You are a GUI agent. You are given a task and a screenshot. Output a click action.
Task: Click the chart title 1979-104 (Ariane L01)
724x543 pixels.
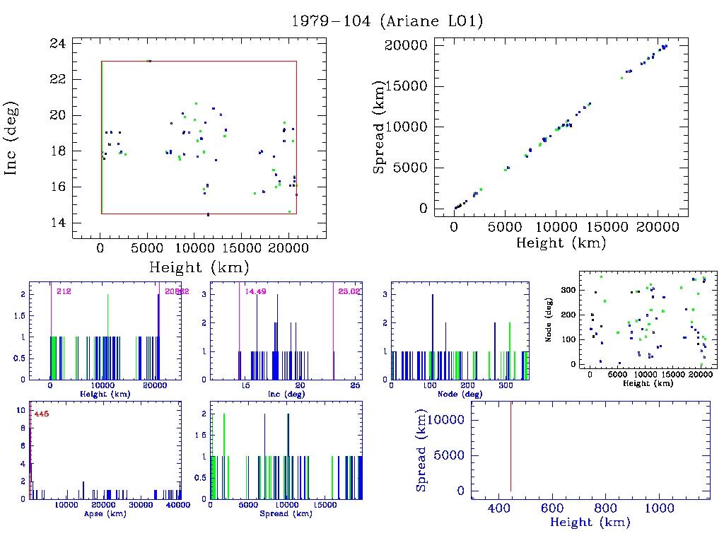(x=387, y=21)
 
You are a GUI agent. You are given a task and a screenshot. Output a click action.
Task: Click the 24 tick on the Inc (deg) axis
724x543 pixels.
(x=58, y=43)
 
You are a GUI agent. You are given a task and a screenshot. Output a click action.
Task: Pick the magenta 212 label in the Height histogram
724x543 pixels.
(x=64, y=291)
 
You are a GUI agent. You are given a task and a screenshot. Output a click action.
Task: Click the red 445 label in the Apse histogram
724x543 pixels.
(x=41, y=414)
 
